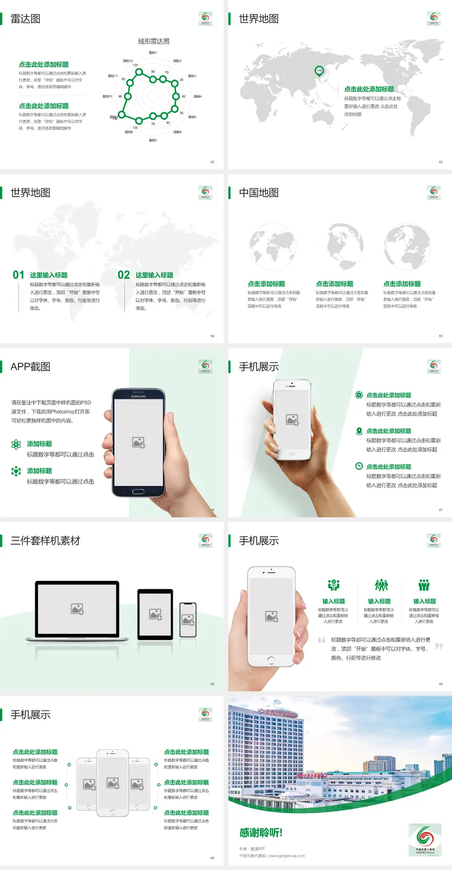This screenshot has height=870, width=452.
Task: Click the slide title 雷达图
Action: click(25, 19)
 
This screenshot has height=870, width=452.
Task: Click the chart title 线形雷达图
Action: click(153, 41)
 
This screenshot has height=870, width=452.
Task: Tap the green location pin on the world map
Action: click(319, 71)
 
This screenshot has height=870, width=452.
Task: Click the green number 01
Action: click(18, 275)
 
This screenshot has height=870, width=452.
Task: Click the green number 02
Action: click(124, 275)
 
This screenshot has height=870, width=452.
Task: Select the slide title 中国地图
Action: click(258, 193)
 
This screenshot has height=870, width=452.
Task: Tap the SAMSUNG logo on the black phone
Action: click(138, 396)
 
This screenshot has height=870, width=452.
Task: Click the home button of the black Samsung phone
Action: click(138, 491)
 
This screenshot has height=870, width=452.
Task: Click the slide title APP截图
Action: click(30, 367)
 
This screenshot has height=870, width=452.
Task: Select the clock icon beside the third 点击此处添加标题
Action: click(359, 466)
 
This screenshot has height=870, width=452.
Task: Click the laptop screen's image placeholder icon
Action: click(77, 609)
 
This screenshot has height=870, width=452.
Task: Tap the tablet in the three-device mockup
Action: click(155, 614)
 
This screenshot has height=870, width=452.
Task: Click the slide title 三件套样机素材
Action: click(45, 541)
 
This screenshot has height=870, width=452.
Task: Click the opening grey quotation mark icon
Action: click(322, 640)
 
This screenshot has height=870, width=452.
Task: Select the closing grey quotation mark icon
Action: click(438, 646)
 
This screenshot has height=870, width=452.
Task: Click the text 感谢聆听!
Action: click(261, 833)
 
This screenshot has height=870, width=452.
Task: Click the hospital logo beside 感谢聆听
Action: click(425, 839)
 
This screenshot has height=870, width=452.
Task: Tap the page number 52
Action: click(212, 162)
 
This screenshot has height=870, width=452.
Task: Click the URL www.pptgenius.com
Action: click(287, 856)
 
